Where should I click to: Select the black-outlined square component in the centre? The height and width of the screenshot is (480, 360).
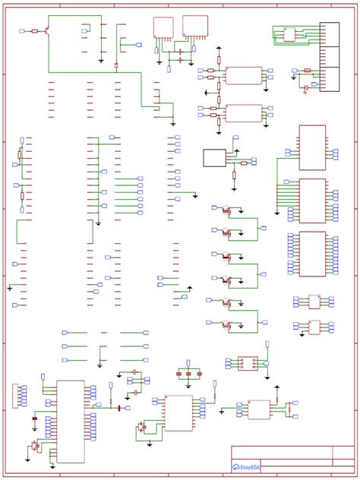[x=215, y=158]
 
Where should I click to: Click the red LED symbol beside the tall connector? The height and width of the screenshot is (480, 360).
[x=306, y=88]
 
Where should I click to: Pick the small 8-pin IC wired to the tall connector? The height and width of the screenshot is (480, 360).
[x=289, y=33]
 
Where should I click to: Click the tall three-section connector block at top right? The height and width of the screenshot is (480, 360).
[x=333, y=57]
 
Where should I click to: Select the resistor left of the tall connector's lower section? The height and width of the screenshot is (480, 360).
[x=307, y=70]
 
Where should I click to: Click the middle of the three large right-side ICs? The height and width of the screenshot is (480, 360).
[x=312, y=200]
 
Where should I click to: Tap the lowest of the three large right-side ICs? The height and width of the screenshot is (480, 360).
[x=312, y=253]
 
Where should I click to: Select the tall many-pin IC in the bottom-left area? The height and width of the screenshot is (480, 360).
[x=71, y=422]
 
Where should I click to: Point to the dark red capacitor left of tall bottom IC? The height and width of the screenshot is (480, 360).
[x=34, y=418]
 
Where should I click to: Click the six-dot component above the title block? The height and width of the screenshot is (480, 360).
[x=248, y=364]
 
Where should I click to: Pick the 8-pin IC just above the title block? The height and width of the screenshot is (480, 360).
[x=259, y=409]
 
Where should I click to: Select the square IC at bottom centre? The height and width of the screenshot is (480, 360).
[x=178, y=412]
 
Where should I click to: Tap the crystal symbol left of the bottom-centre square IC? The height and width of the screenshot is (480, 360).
[x=141, y=428]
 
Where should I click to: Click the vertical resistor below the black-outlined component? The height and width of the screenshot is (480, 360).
[x=234, y=177]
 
